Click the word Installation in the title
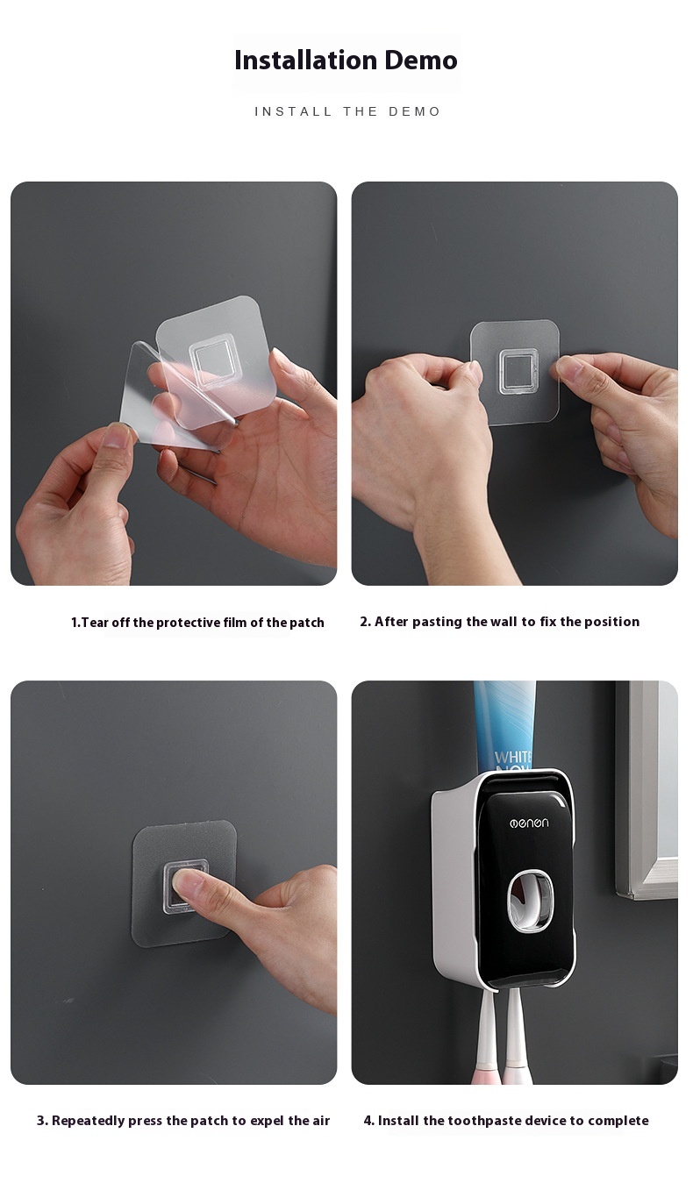tap(306, 60)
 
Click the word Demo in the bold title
tap(421, 60)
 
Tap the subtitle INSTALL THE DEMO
tap(347, 111)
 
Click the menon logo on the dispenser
tap(529, 823)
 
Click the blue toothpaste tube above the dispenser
tap(504, 724)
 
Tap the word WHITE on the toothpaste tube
tap(513, 757)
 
